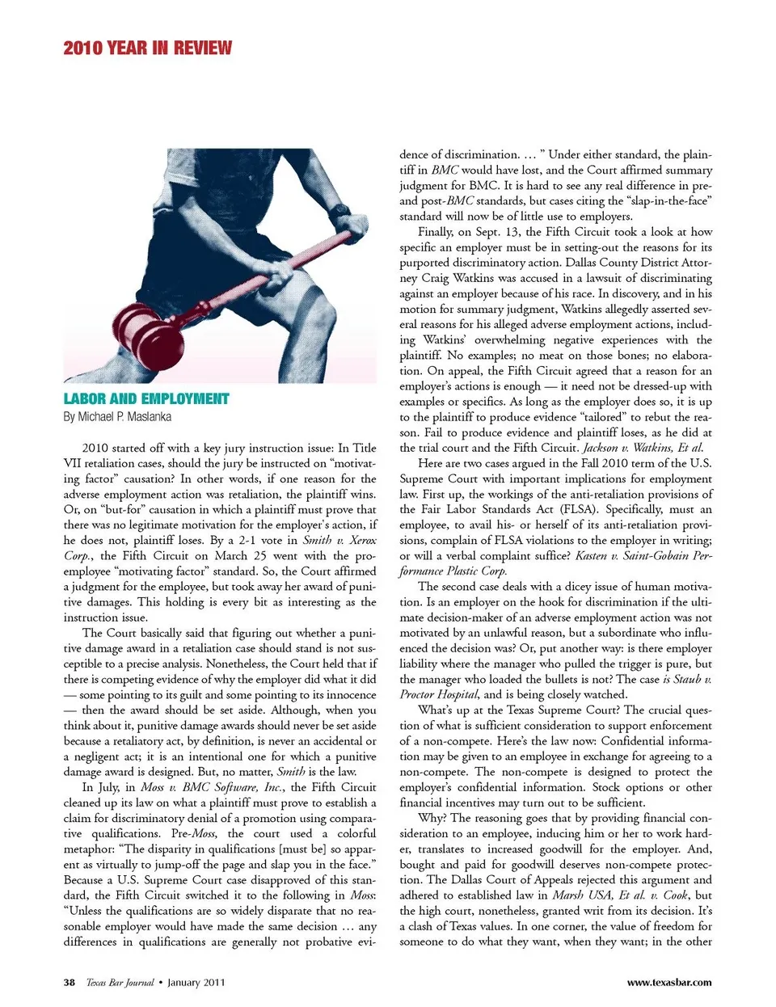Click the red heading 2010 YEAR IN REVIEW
pos(147,48)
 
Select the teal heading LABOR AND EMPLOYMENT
pos(146,398)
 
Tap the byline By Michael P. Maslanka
pos(117,417)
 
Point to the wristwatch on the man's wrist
pos(339,213)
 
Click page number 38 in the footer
pos(70,983)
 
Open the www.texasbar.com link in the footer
pos(669,983)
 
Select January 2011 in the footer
pos(196,983)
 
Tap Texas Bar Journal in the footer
pos(120,983)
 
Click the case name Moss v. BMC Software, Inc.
pos(212,787)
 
